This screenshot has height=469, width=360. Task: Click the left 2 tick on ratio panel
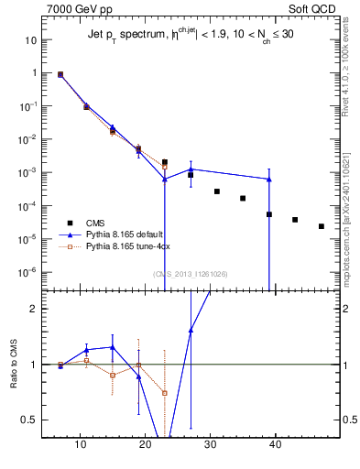click(x=32, y=309)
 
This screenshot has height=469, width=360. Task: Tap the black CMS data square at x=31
click(x=217, y=191)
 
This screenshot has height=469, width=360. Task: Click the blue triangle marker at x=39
click(x=269, y=180)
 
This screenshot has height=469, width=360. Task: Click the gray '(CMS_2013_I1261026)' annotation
click(x=191, y=274)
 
